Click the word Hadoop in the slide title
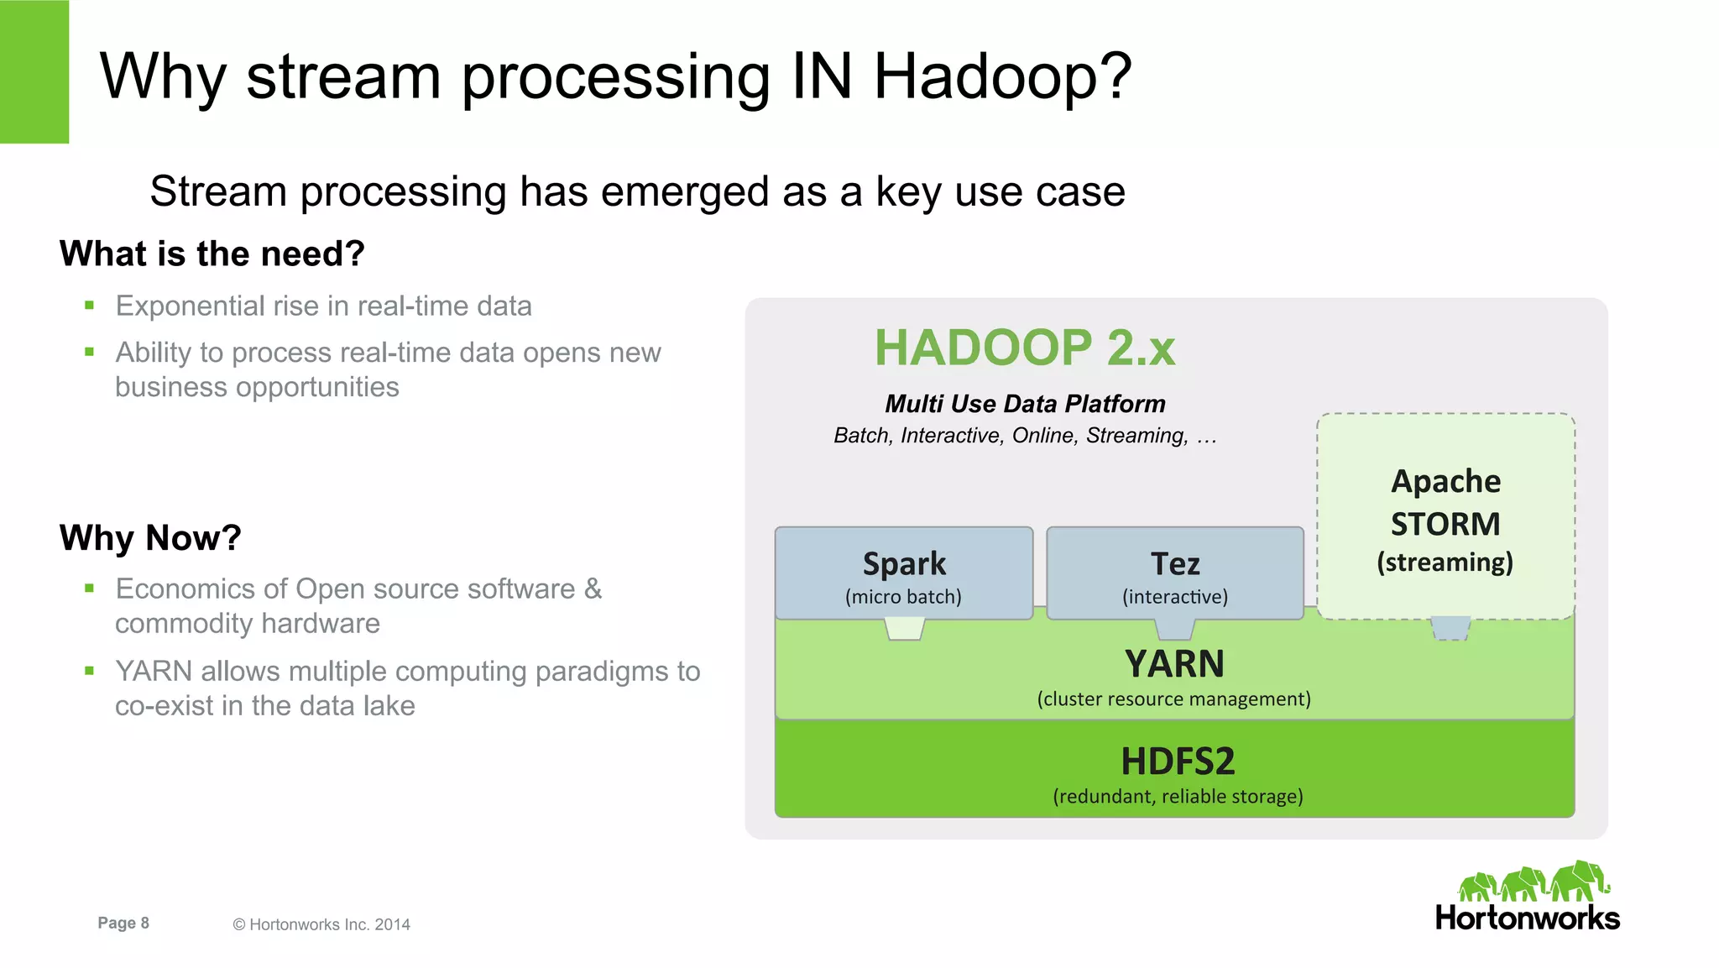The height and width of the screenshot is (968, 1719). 1002,77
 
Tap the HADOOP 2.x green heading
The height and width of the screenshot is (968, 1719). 1025,348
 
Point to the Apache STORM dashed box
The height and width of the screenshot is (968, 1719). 1445,517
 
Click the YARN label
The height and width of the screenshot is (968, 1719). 1174,664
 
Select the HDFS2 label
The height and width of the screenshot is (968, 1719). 1178,761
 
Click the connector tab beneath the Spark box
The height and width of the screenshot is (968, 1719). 905,629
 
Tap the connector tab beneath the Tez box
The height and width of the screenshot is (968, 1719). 1174,629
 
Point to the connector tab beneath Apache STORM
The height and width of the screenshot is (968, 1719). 1450,628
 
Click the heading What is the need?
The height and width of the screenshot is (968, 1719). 212,254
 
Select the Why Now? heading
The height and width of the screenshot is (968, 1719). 150,537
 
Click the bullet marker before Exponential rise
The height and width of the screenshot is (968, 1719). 89,306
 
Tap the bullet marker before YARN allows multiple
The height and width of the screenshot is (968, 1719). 89,670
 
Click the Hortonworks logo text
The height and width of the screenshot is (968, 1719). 1527,918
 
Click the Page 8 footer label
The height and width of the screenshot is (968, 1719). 123,923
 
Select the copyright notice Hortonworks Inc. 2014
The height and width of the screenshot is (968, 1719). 321,924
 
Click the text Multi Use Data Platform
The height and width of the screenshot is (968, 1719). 1025,404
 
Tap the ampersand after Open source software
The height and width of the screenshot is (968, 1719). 593,589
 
